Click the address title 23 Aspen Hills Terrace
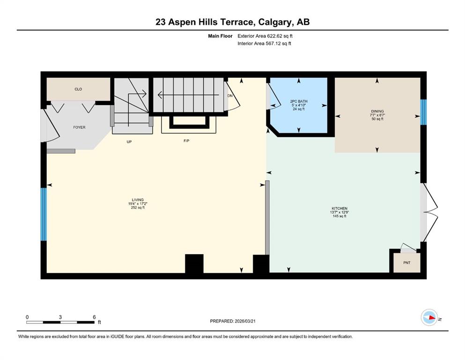[205, 22]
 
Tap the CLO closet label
[78, 89]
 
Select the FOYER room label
[79, 127]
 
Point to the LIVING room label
[138, 200]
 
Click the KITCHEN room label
[340, 208]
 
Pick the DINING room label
[377, 111]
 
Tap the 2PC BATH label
[299, 101]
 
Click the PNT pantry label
[407, 262]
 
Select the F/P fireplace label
[186, 141]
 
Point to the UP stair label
[129, 142]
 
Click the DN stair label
[230, 96]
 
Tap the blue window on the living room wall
[44, 214]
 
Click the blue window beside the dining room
[423, 112]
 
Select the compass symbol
[429, 317]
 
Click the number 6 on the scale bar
[94, 317]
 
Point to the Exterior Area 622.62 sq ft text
[265, 36]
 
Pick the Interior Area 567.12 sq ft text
[264, 43]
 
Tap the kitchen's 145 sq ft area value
[340, 216]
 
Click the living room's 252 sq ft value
[138, 208]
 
